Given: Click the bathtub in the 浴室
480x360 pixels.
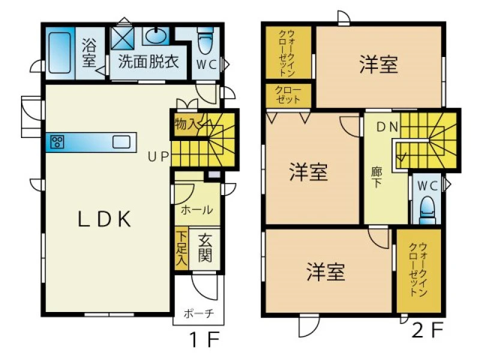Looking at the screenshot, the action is [x=59, y=53].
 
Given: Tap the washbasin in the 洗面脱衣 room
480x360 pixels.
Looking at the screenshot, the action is [x=156, y=36].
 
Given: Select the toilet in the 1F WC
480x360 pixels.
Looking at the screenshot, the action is [x=206, y=41].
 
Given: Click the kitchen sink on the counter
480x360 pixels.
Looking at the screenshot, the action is [x=121, y=142].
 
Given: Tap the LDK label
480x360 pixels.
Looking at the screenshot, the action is [x=104, y=219].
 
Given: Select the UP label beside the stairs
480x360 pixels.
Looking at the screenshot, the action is [x=158, y=157].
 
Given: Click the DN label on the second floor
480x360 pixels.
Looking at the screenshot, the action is [x=387, y=127].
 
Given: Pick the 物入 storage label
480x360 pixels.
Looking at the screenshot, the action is [x=185, y=124].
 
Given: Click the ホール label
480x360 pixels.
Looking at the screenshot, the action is [x=197, y=210].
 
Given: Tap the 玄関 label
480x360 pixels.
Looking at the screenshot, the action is [x=205, y=248].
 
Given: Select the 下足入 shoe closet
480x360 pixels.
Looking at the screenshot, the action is [x=182, y=248].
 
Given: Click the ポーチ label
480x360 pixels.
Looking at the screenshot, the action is [x=199, y=314].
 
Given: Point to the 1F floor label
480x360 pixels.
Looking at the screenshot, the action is [x=205, y=340].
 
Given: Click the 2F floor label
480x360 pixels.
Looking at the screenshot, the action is [x=428, y=329].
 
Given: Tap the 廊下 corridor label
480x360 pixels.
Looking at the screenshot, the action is [x=376, y=177].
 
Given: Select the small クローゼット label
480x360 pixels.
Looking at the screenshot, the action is [x=288, y=95].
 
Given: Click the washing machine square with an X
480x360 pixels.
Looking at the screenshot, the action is [x=122, y=38].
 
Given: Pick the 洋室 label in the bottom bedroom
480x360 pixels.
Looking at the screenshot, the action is [x=326, y=272].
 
